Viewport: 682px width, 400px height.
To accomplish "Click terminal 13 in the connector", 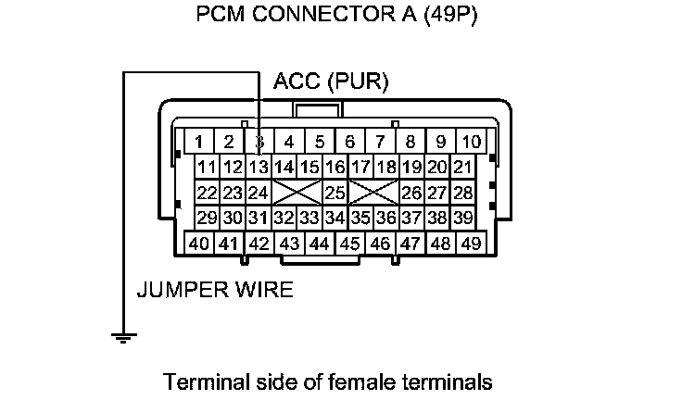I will click(x=259, y=168).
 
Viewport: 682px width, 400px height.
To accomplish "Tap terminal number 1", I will click(x=198, y=143).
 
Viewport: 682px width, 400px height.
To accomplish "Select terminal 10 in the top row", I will click(x=471, y=143).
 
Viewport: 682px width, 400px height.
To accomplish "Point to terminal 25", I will click(x=335, y=194).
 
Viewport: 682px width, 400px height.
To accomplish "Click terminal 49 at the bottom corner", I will click(x=471, y=244).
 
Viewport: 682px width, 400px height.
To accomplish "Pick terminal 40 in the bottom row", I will click(x=198, y=244).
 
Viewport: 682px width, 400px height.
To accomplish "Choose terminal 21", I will click(x=462, y=168).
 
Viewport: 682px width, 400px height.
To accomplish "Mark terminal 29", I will click(x=208, y=219).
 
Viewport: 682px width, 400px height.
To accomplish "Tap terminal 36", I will click(x=386, y=219).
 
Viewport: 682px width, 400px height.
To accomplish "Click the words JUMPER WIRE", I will click(x=215, y=290).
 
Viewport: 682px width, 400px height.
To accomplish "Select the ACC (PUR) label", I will click(x=331, y=82).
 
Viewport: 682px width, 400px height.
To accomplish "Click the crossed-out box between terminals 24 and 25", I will click(x=297, y=194).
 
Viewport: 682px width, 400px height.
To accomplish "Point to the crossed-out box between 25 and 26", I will click(x=373, y=194).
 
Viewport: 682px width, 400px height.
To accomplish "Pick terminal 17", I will click(x=361, y=168).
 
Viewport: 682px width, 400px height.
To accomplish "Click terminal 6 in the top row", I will click(x=350, y=143).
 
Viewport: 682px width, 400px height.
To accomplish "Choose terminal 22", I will click(x=208, y=194).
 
